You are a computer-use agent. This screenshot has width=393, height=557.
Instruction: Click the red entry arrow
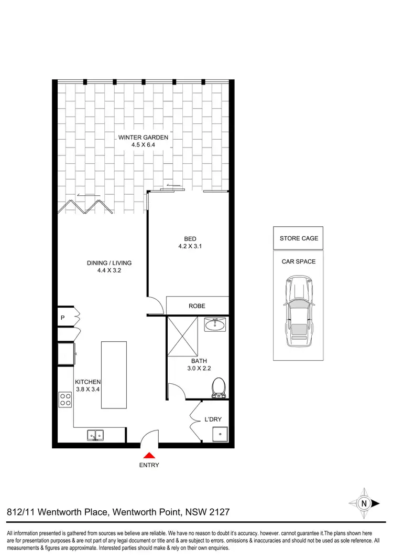point(149,456)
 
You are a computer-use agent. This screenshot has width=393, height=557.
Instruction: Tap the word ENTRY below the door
point(149,465)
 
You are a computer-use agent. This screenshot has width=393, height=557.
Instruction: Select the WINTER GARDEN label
point(143,138)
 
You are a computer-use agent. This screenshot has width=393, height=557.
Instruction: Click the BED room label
point(190,239)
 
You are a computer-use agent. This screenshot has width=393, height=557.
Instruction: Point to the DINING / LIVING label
point(110,263)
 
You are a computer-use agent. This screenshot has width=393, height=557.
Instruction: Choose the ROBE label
point(197,306)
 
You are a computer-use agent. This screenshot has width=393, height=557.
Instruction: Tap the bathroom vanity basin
point(214,325)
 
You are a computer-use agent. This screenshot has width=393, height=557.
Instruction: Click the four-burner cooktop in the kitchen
point(65,400)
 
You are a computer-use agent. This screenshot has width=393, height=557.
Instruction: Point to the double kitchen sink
point(95,435)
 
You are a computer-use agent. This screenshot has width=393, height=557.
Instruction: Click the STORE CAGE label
point(298,238)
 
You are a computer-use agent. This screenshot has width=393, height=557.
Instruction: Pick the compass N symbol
point(364,502)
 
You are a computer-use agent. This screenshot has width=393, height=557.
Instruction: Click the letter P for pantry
point(62,317)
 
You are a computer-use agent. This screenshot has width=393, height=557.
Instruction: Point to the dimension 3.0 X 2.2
point(199,369)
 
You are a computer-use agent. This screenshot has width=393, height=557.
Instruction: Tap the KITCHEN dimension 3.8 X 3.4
point(88,390)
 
